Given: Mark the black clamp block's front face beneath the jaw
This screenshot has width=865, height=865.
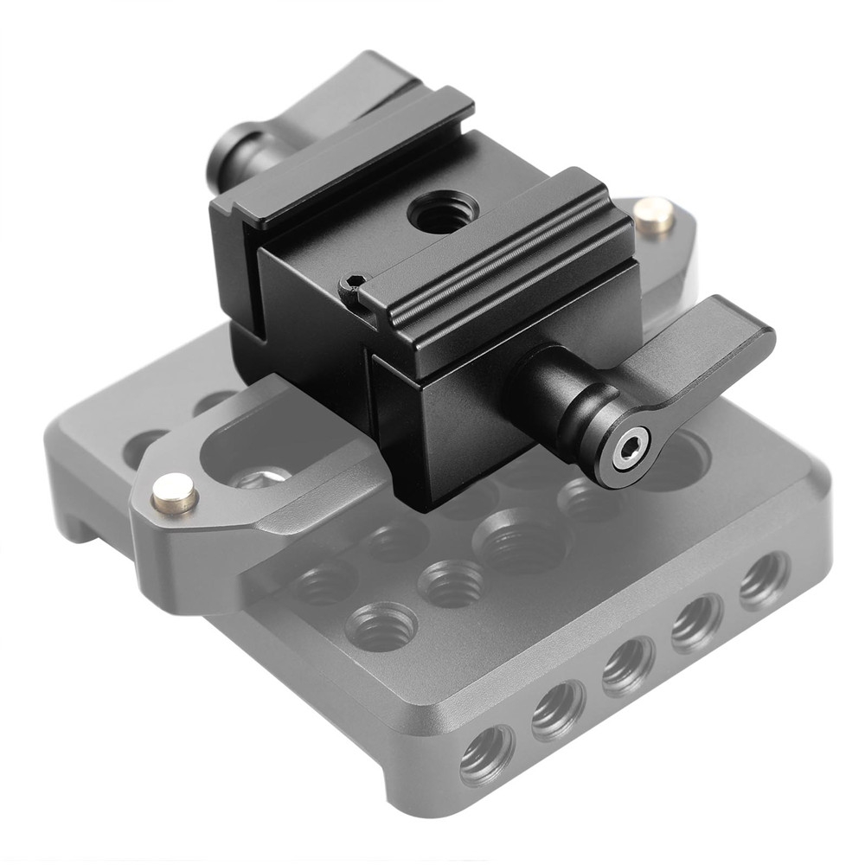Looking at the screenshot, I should [x=450, y=424].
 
